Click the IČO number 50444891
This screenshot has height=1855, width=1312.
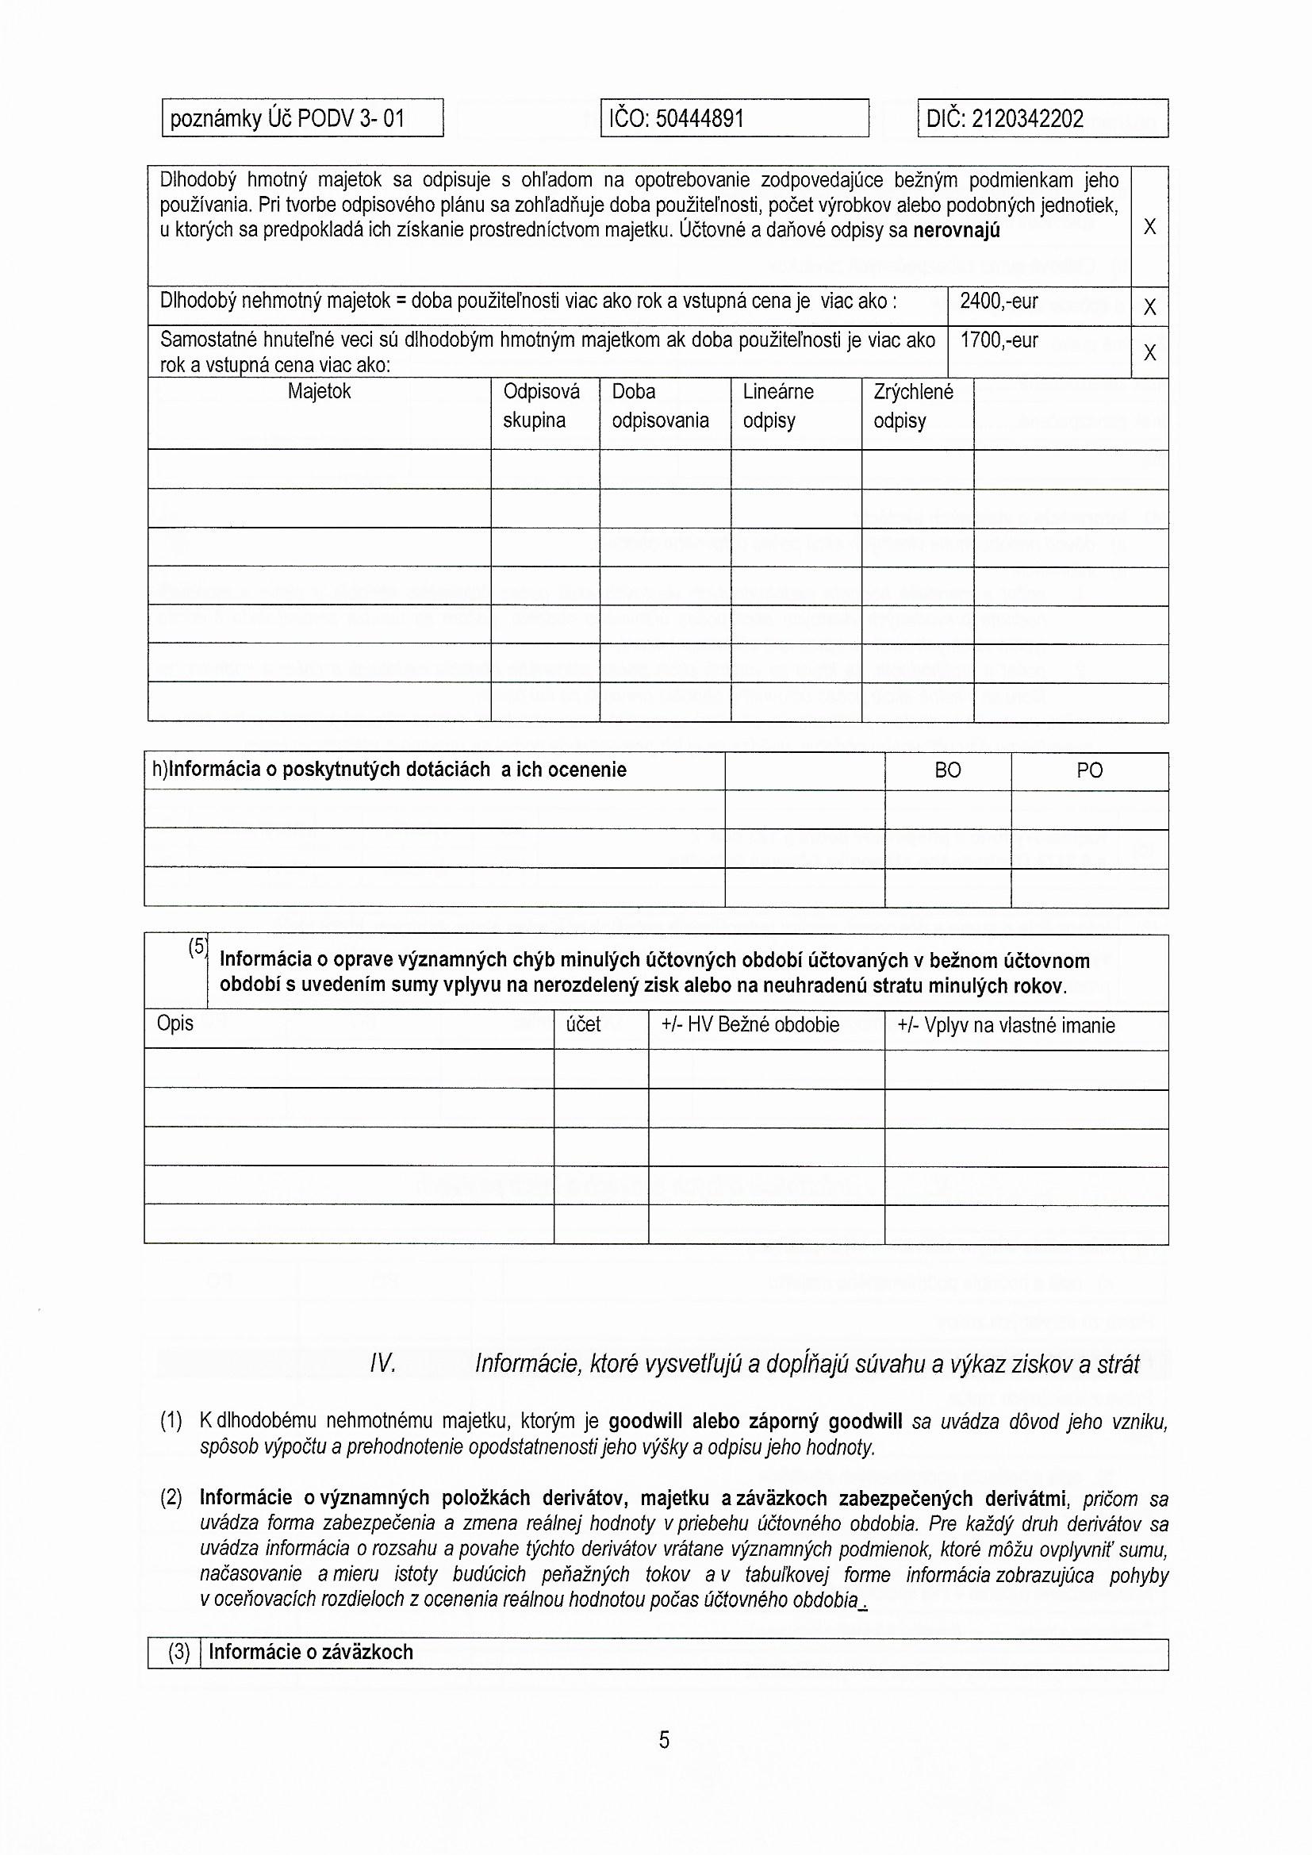700,120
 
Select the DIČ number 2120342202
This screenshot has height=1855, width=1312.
1026,120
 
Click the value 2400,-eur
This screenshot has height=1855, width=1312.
999,302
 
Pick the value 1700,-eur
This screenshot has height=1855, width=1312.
999,341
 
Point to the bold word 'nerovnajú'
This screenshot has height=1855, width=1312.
956,231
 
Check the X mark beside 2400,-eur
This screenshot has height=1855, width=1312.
1149,307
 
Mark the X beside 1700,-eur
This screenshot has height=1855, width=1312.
1149,352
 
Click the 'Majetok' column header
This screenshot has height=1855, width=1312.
319,392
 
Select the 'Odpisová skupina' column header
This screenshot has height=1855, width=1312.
541,406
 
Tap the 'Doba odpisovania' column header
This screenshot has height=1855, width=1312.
660,406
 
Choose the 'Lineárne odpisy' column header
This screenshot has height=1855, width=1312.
778,406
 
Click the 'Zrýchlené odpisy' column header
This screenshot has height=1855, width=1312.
913,406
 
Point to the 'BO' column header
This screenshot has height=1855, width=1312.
948,770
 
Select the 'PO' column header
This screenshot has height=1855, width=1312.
1089,770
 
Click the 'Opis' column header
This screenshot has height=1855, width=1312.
175,1024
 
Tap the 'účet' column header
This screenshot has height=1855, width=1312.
583,1024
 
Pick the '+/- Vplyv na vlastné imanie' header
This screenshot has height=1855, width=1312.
1006,1025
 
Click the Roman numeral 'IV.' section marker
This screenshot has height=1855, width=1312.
383,1365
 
